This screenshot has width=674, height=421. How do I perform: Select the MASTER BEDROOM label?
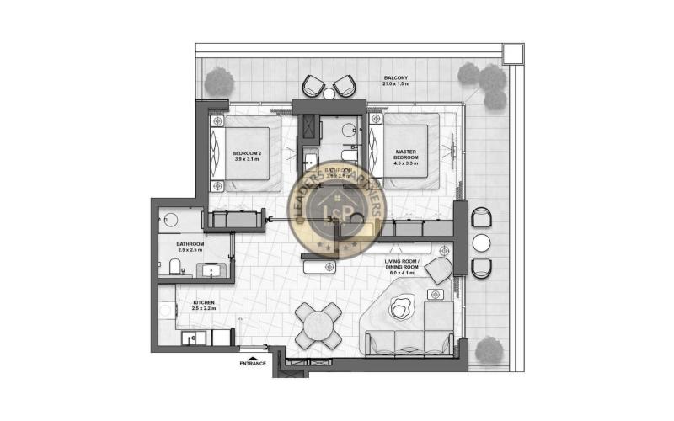click(407, 156)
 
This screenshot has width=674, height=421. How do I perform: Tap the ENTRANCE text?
click(253, 364)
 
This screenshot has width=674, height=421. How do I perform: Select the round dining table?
click(318, 323)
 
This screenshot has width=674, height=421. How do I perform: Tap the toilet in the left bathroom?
click(174, 267)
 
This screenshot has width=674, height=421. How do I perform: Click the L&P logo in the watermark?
click(336, 210)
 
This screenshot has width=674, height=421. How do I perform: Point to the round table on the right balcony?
click(481, 243)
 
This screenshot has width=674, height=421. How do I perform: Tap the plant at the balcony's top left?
click(219, 82)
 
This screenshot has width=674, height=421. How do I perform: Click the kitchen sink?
click(195, 338)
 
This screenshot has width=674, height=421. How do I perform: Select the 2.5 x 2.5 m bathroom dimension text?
click(190, 251)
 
